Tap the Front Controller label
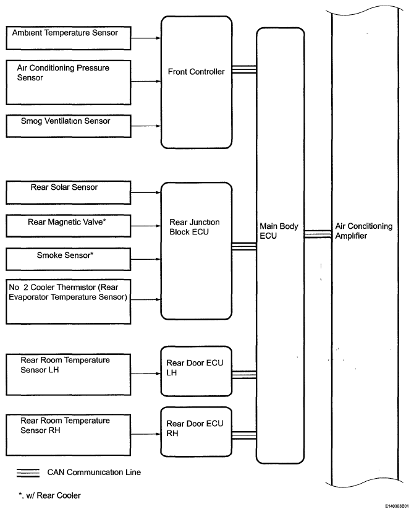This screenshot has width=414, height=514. [196, 72]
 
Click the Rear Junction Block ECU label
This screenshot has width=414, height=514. [195, 227]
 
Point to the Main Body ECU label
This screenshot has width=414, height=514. [279, 231]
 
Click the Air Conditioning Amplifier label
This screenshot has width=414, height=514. [363, 231]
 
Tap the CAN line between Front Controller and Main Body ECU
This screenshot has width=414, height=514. [244, 69]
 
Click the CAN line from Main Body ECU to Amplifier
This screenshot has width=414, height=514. [318, 234]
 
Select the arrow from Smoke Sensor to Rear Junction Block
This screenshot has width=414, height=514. [146, 259]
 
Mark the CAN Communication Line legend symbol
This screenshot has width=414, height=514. [28, 473]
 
